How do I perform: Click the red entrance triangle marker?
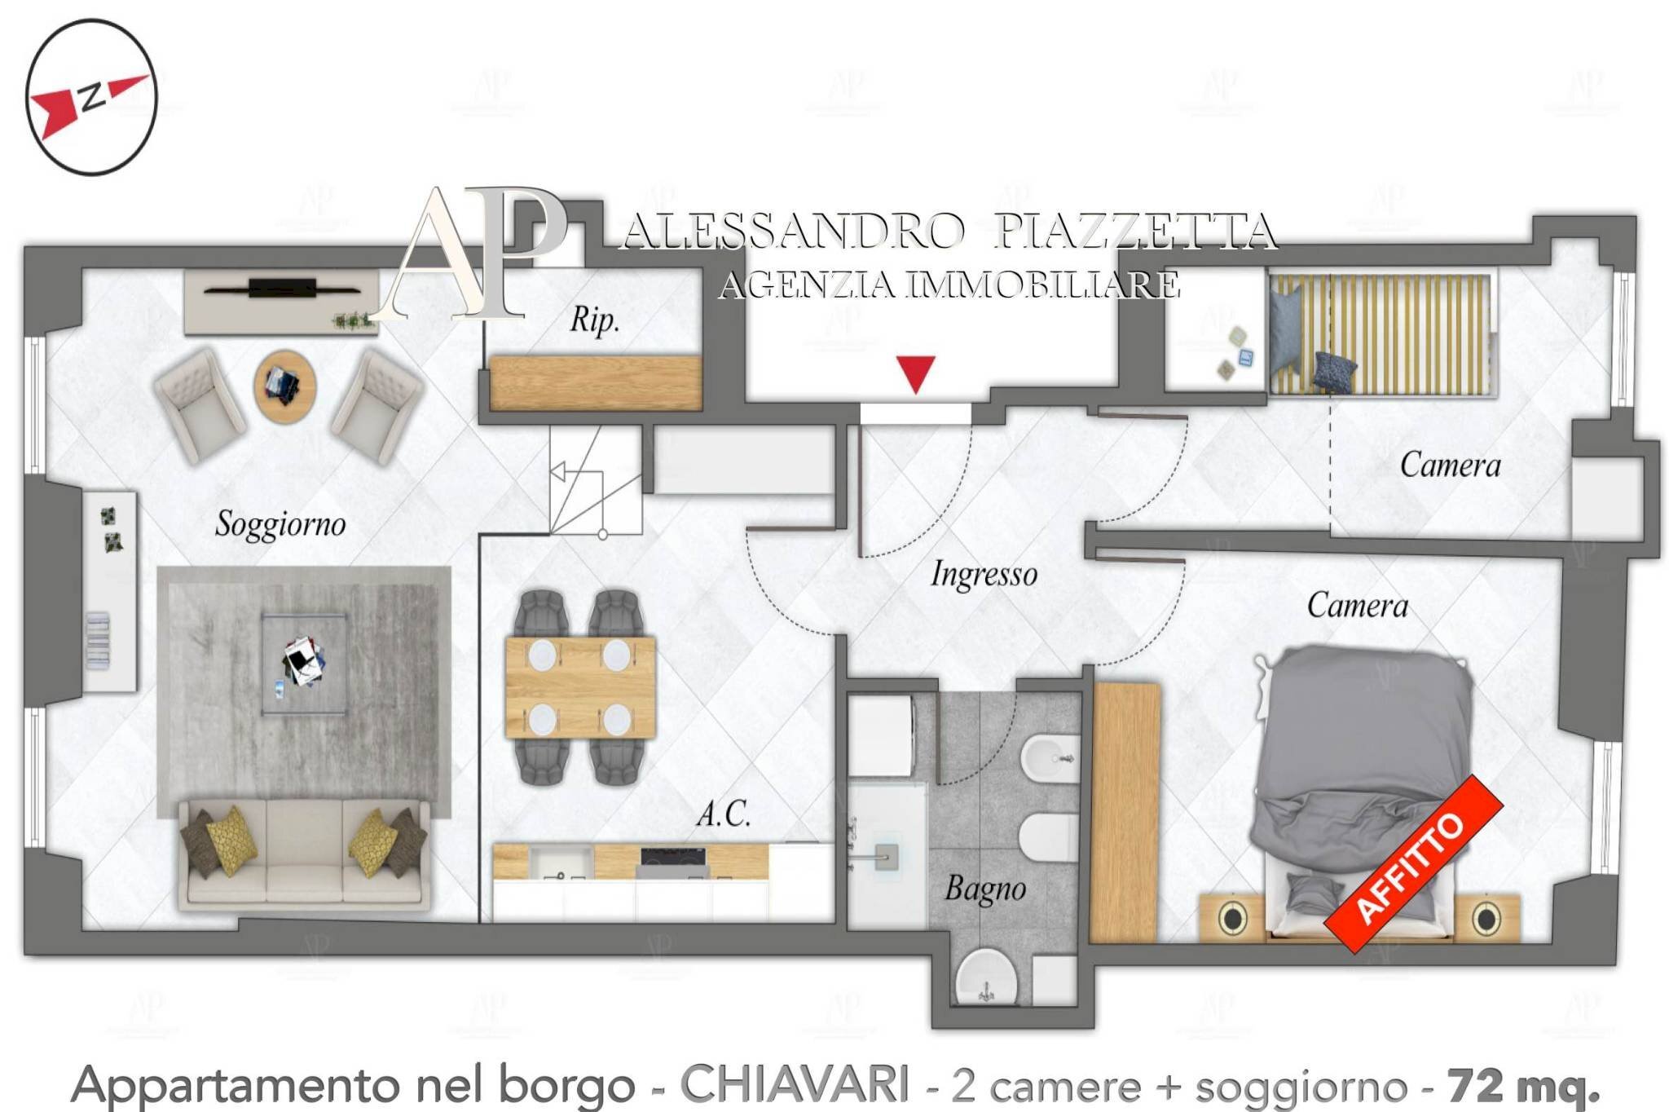tap(916, 373)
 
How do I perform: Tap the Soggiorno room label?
tap(280, 523)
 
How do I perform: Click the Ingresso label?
tap(984, 574)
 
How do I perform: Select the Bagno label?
tap(984, 889)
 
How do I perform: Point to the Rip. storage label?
tap(594, 319)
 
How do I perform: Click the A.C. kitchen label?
tap(723, 813)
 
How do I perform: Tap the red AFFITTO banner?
tap(1413, 865)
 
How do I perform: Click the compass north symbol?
tap(90, 97)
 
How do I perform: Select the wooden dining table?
tap(580, 687)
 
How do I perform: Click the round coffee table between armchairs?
tap(284, 386)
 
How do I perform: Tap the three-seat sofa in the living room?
tap(304, 854)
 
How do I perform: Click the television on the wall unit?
tap(282, 288)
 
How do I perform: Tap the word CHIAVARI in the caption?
tap(795, 1085)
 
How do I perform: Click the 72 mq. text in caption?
tap(1523, 1085)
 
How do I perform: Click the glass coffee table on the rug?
tap(304, 664)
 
